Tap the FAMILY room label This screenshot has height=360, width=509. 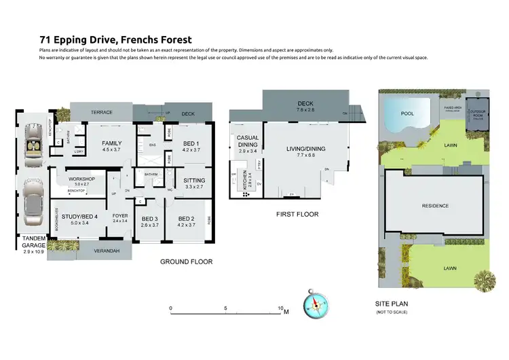click(112, 143)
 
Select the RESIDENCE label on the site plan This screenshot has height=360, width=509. click(436, 205)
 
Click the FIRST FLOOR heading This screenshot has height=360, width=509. click(297, 214)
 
